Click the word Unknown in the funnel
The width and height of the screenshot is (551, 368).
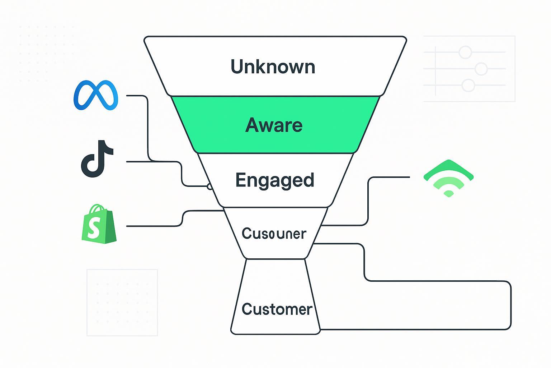point(273,67)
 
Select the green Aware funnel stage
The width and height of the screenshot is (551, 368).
point(274,125)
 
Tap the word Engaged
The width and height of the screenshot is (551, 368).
point(275,180)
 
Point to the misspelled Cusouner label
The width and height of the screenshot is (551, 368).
point(274,234)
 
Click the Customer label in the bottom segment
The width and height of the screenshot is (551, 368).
point(277,309)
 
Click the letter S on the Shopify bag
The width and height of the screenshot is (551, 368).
point(93,228)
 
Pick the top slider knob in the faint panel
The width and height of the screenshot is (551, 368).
point(465,52)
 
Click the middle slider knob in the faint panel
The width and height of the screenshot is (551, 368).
point(481,69)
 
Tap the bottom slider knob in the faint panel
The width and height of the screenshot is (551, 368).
point(468,86)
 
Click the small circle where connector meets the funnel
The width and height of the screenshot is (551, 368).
point(210,186)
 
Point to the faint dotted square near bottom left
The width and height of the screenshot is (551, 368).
point(122,303)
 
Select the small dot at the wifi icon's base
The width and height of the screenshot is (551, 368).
point(448,194)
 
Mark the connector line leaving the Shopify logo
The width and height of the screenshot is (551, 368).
point(154,226)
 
